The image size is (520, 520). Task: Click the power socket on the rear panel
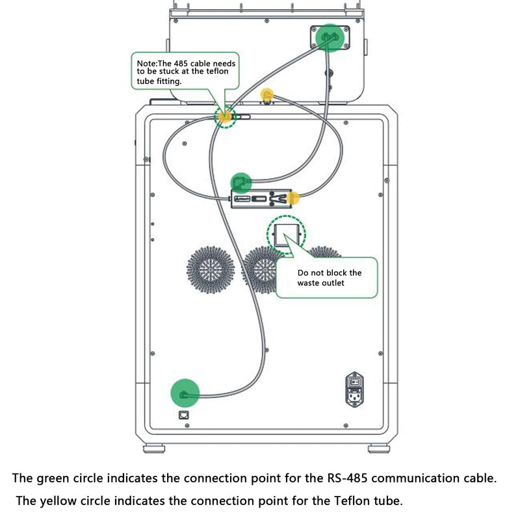[x=354, y=389]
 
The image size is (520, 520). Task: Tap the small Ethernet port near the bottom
[x=183, y=415]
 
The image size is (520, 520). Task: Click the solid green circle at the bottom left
[x=185, y=393]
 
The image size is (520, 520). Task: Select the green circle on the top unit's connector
[x=330, y=38]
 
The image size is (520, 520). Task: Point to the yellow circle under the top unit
[x=267, y=96]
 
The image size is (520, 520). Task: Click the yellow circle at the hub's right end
[x=293, y=198]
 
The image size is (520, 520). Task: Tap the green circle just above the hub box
[x=241, y=183]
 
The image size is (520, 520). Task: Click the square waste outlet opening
[x=286, y=235]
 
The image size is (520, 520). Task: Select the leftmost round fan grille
[x=210, y=270]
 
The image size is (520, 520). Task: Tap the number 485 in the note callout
[x=181, y=63]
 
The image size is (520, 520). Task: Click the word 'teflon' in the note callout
[x=218, y=71]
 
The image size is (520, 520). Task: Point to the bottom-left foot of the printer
[x=154, y=448]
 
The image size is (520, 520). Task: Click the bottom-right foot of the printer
[x=379, y=448]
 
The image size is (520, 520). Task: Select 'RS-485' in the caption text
[x=348, y=478]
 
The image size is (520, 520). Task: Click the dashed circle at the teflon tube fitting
[x=225, y=116]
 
